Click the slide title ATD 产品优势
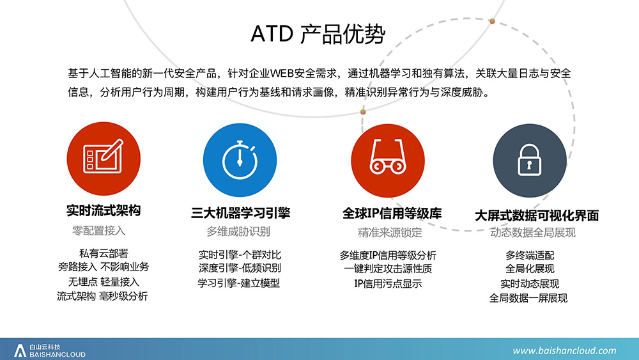(x=318, y=34)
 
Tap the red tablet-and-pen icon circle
(x=104, y=159)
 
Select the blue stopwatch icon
(x=240, y=160)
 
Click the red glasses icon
(x=388, y=160)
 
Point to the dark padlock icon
(x=529, y=160)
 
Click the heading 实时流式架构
(x=104, y=211)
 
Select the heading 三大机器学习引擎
(x=240, y=213)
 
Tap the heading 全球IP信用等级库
(x=392, y=214)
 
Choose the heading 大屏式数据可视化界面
(x=537, y=215)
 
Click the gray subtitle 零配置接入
(x=98, y=231)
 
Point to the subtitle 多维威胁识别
(x=238, y=231)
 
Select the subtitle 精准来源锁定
(x=390, y=232)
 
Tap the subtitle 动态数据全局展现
(x=533, y=232)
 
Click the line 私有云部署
(x=104, y=254)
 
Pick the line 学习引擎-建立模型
(x=239, y=283)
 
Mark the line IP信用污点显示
(x=388, y=284)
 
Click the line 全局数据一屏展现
(x=528, y=298)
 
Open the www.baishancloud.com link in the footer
(x=564, y=350)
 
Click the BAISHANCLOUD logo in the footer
(x=50, y=350)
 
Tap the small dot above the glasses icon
(x=363, y=112)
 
